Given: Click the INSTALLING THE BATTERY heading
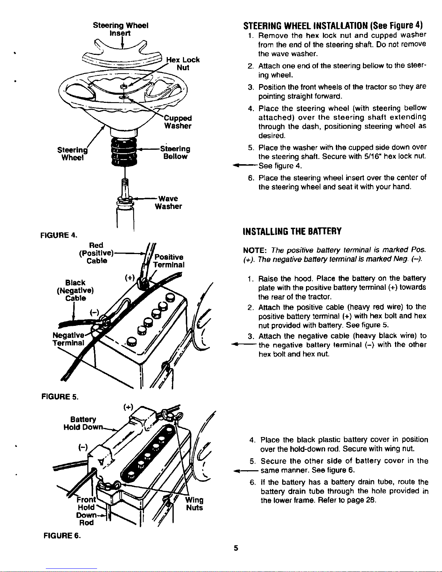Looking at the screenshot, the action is (x=292, y=231).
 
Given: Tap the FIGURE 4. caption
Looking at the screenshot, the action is (x=59, y=235).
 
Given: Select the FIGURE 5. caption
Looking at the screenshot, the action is (x=60, y=396).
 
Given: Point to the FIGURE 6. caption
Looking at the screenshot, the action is (x=62, y=536).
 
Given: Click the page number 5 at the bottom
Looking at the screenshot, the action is (x=236, y=548).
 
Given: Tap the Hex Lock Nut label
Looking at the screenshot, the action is (x=183, y=64).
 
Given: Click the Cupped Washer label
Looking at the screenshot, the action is (x=178, y=122).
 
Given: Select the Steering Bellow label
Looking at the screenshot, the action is (x=175, y=152).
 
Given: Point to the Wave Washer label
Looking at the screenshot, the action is (x=169, y=202).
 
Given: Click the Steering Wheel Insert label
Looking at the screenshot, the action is (x=121, y=29).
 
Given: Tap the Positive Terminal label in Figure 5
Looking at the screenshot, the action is (x=169, y=261).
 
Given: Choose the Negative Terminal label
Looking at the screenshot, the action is (x=69, y=339).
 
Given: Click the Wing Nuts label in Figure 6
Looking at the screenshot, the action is (x=194, y=504).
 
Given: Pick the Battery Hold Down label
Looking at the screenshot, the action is (x=83, y=423).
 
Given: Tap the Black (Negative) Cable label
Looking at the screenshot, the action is (x=75, y=291).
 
